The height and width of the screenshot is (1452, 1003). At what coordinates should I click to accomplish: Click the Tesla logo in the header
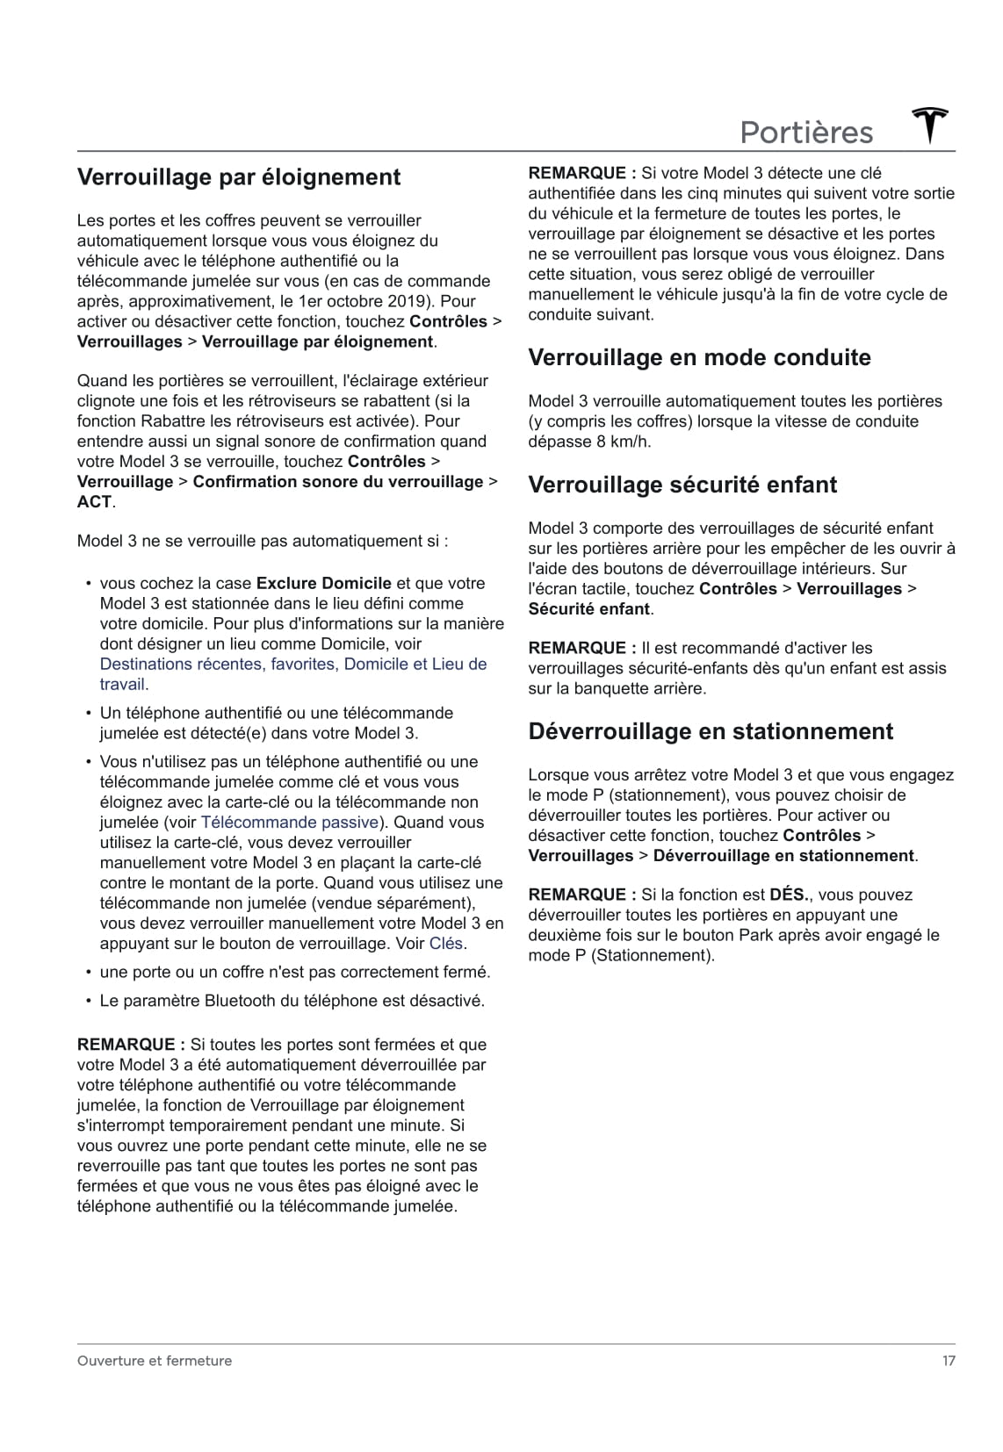[x=930, y=126]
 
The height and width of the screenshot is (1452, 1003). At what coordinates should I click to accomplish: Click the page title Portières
[x=806, y=133]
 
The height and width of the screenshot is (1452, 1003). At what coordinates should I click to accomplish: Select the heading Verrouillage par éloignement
[x=239, y=177]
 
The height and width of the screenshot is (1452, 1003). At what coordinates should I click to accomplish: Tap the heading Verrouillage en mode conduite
[x=699, y=358]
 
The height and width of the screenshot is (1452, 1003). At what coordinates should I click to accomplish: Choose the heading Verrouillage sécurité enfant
[x=682, y=485]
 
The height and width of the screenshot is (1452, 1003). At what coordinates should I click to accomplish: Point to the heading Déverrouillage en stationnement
[x=711, y=732]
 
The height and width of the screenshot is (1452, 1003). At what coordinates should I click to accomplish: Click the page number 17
[x=949, y=1361]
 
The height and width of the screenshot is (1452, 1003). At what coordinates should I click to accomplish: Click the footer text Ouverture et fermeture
[x=155, y=1361]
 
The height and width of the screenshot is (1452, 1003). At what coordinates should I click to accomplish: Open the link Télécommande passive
[x=290, y=823]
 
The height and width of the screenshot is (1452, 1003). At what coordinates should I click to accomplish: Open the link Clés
[x=445, y=944]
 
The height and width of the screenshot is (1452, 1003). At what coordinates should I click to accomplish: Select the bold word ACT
[x=94, y=502]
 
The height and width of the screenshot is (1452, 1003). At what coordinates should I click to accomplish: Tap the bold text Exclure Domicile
[x=324, y=584]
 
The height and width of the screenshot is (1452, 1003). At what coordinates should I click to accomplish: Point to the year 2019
[x=406, y=301]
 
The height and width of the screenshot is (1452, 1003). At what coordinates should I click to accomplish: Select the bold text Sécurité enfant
[x=588, y=609]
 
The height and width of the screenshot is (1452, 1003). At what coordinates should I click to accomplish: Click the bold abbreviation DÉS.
[x=790, y=895]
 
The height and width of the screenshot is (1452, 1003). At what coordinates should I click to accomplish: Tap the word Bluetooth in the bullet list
[x=240, y=1001]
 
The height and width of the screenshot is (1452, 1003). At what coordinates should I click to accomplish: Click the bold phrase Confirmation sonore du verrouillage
[x=338, y=482]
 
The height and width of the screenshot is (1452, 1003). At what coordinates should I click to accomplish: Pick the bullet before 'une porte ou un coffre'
[x=89, y=973]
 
